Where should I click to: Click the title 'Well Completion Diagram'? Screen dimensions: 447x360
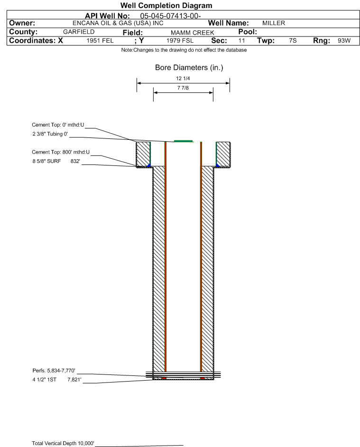(166, 6)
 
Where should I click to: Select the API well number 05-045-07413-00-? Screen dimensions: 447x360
(171, 16)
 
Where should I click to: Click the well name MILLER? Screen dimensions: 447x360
(274, 23)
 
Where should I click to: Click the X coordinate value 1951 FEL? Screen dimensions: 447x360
(100, 41)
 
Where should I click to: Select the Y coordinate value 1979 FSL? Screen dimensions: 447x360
(180, 41)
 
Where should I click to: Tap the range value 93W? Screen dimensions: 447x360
(343, 41)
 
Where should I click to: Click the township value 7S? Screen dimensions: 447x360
(293, 41)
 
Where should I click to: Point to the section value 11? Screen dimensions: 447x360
(241, 41)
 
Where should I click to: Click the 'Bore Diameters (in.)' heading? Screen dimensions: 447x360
(189, 68)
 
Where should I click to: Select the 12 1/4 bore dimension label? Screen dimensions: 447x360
(183, 78)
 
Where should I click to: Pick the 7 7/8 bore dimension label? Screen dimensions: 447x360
(183, 89)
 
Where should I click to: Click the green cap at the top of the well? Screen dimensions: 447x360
(183, 141)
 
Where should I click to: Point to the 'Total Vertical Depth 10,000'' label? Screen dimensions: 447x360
(63, 443)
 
